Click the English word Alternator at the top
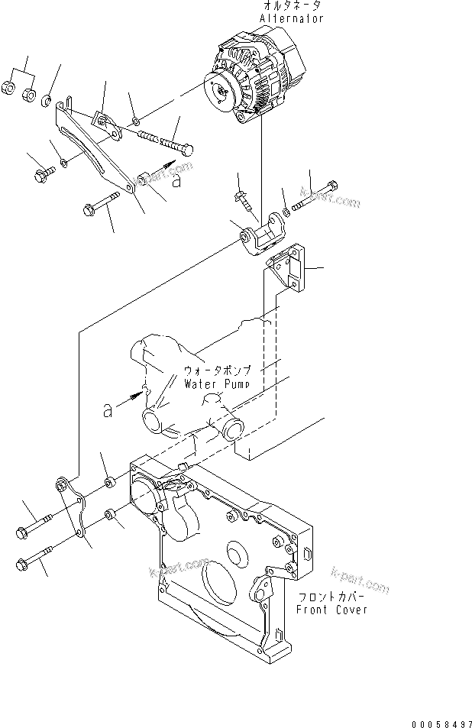coord(292,18)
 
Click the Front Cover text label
coord(331,609)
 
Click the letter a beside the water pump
coord(108,411)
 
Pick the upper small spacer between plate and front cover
coord(108,481)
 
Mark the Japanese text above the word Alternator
coord(292,5)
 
